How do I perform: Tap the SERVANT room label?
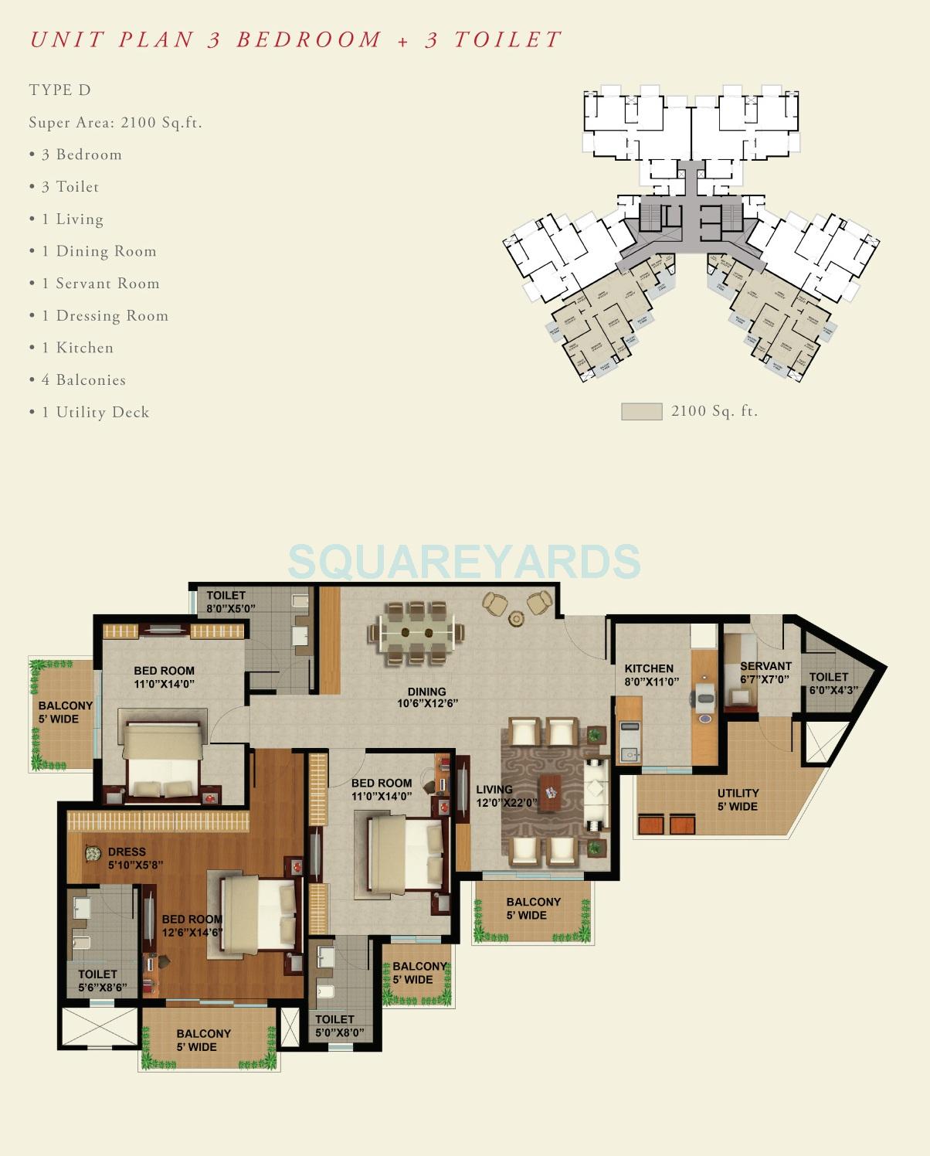click(x=765, y=672)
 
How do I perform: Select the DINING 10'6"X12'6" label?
click(x=427, y=698)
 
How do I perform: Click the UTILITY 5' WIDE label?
click(x=738, y=800)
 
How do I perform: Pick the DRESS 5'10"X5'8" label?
click(x=134, y=858)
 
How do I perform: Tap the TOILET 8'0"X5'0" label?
click(x=229, y=601)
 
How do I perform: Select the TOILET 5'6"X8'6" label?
click(x=100, y=981)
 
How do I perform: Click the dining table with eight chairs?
click(x=416, y=633)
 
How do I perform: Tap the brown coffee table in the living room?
click(x=550, y=791)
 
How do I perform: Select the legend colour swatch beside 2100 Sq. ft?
click(x=641, y=411)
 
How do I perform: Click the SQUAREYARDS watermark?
click(x=463, y=561)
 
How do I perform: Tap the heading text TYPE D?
click(x=60, y=90)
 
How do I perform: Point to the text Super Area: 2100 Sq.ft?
click(x=115, y=122)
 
